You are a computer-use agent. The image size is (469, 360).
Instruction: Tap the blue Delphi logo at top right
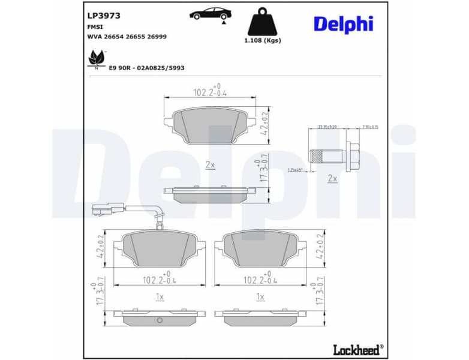[342, 24]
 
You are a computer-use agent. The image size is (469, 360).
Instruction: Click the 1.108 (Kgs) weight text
[262, 40]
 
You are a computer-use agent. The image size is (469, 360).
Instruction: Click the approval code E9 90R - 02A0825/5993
[146, 68]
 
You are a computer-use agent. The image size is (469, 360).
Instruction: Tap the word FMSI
[95, 27]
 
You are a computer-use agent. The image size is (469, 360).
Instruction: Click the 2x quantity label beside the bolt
[332, 178]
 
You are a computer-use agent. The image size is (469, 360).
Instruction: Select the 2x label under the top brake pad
[210, 164]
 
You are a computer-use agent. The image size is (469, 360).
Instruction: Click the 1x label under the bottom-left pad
[160, 296]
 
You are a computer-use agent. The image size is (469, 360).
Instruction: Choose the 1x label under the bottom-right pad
[260, 296]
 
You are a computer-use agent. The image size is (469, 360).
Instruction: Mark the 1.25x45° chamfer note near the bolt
[296, 170]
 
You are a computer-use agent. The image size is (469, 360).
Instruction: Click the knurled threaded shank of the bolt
[324, 155]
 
